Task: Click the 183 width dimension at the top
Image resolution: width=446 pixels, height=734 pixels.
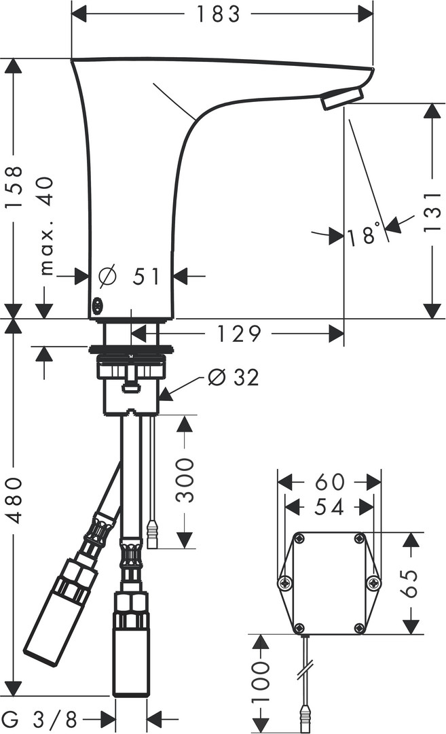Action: [218, 14]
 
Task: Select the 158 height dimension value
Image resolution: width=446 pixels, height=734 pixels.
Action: [14, 184]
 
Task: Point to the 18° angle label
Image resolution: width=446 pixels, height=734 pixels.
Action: [363, 234]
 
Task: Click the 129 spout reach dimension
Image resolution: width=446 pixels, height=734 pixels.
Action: [238, 334]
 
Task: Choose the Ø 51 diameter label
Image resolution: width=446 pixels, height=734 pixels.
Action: [130, 276]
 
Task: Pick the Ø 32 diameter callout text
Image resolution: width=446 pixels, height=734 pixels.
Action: [233, 377]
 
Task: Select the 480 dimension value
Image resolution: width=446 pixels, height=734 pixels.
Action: [14, 500]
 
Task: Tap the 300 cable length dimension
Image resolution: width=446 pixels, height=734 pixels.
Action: [185, 480]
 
